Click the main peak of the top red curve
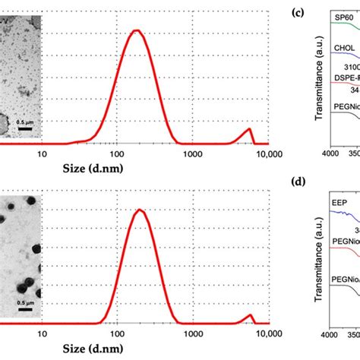tap(137, 31)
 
